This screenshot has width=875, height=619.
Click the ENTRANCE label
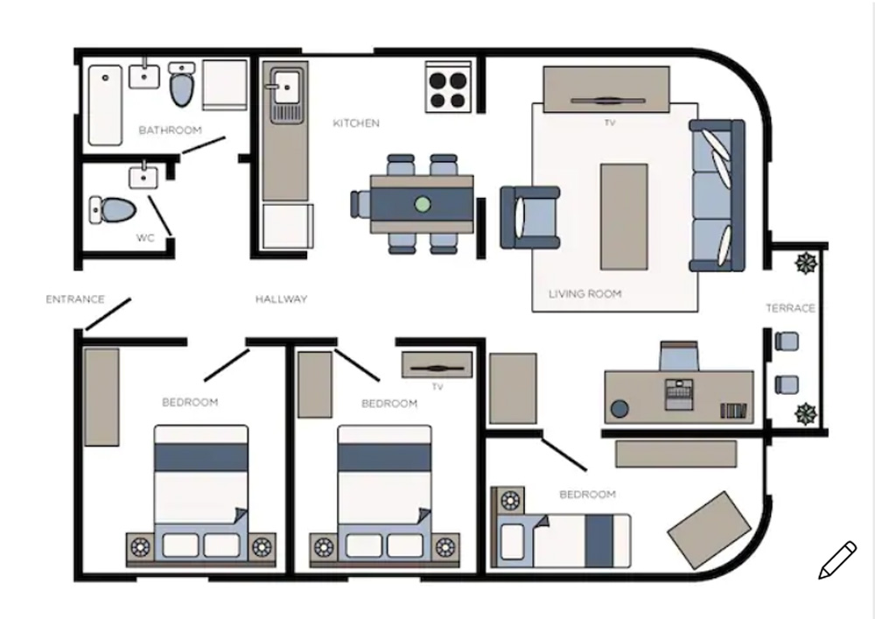[x=74, y=299]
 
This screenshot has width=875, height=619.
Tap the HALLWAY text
[x=281, y=299]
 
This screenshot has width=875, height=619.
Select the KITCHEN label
[x=356, y=123]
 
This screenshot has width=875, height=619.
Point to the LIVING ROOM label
[x=584, y=293]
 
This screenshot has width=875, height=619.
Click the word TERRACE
[x=790, y=308]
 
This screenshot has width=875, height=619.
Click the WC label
[x=145, y=238]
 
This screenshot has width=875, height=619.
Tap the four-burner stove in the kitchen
[x=448, y=88]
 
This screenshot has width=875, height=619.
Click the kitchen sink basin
[x=287, y=87]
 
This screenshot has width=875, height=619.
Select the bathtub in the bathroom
[x=105, y=105]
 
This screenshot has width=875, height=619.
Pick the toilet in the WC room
[x=113, y=209]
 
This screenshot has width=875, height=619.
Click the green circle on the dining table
[x=423, y=204]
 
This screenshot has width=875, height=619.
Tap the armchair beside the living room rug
[x=530, y=217]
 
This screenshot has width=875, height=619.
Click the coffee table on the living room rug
[x=624, y=216]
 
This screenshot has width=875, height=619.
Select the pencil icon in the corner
[x=837, y=559]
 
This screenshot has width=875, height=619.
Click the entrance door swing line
[x=108, y=314]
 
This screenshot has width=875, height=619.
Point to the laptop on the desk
[x=679, y=395]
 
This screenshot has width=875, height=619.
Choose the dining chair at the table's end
[x=360, y=204]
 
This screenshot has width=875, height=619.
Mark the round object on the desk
[x=619, y=409]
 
